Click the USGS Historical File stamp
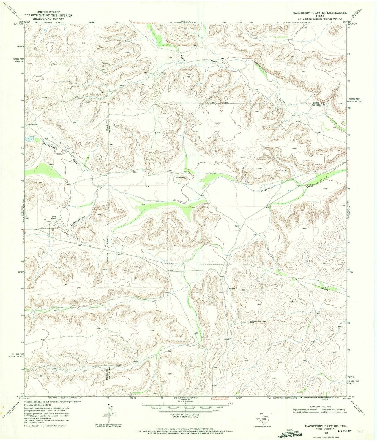pyautogui.click(x=289, y=433)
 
